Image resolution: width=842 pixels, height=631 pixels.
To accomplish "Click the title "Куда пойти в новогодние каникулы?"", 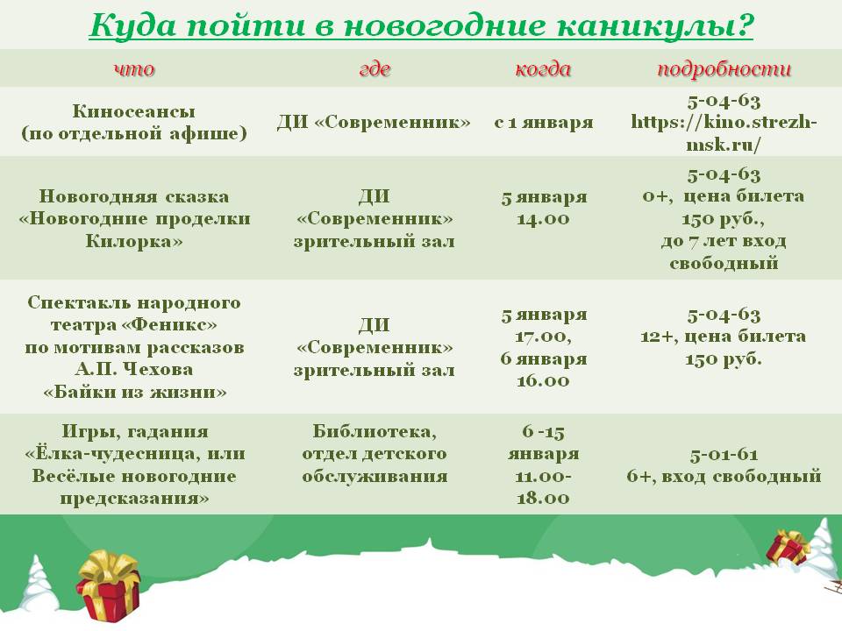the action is (x=421, y=25).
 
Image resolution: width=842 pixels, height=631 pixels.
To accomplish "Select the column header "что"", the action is (x=134, y=68).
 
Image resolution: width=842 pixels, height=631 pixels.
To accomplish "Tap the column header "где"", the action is (x=375, y=69).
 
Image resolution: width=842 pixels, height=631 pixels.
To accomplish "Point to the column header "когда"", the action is (x=543, y=68).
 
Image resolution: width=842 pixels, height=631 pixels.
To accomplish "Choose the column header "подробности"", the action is (x=724, y=69).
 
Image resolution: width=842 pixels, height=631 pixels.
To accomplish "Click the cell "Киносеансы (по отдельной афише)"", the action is (x=134, y=123).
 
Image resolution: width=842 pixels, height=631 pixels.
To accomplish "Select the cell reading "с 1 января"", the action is (x=544, y=123).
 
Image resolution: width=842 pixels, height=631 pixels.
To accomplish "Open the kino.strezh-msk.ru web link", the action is (x=724, y=133).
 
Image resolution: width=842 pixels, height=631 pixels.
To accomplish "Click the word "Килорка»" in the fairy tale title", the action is (x=134, y=241).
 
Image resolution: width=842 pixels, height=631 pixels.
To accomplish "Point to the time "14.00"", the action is (x=543, y=219).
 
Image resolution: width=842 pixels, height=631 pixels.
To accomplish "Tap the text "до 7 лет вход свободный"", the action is (x=724, y=252).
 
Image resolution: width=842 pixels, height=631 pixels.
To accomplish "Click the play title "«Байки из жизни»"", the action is (x=135, y=393).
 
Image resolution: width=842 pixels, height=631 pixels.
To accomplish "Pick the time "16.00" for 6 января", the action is (x=543, y=381).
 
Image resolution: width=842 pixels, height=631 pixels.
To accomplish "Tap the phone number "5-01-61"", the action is (x=724, y=455).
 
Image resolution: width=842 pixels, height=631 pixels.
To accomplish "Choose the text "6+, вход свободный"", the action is (x=724, y=477).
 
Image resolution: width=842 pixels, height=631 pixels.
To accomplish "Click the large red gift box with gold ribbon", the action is (x=109, y=585).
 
